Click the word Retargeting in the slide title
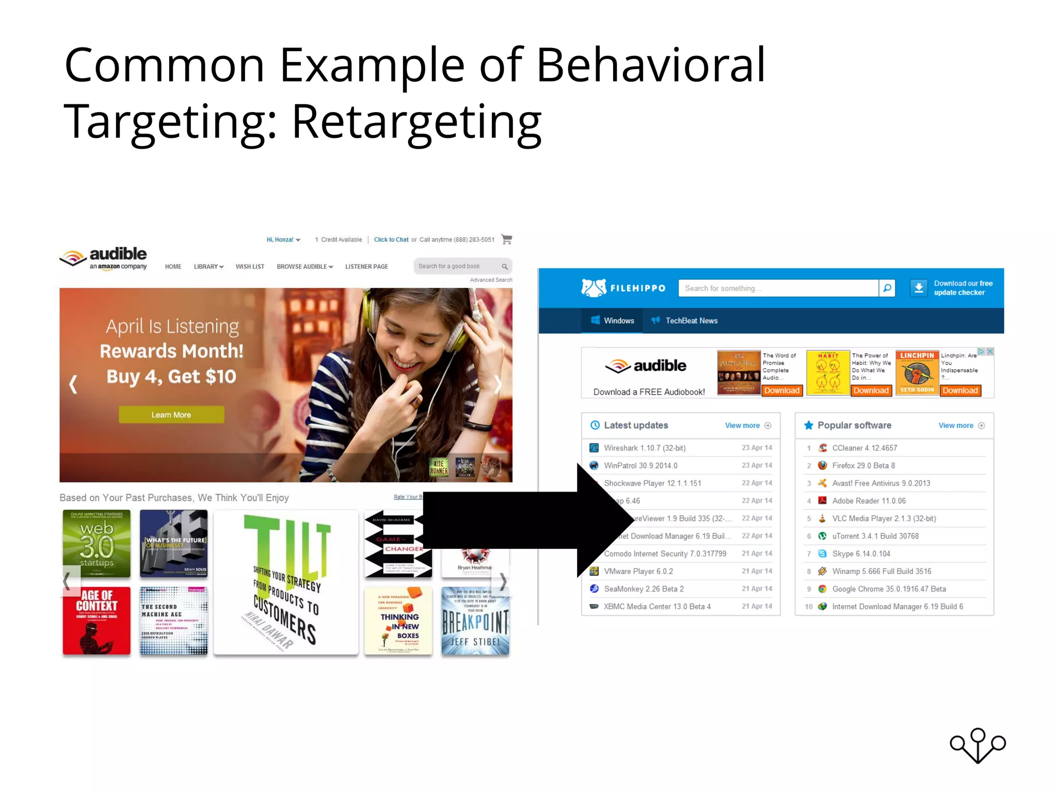tap(416, 122)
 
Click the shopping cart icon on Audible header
tap(506, 240)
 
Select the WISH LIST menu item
tap(250, 267)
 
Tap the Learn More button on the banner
tap(171, 415)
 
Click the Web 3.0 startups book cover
tap(97, 543)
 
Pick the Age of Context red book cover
tap(97, 620)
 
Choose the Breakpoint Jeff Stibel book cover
tap(475, 622)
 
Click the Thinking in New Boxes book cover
tap(398, 622)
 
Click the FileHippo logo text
tap(638, 289)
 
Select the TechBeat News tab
tap(691, 321)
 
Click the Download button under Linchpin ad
tap(960, 391)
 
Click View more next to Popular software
tap(956, 426)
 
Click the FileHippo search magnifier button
tap(887, 288)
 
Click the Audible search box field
tap(457, 266)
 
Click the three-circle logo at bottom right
tap(978, 745)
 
